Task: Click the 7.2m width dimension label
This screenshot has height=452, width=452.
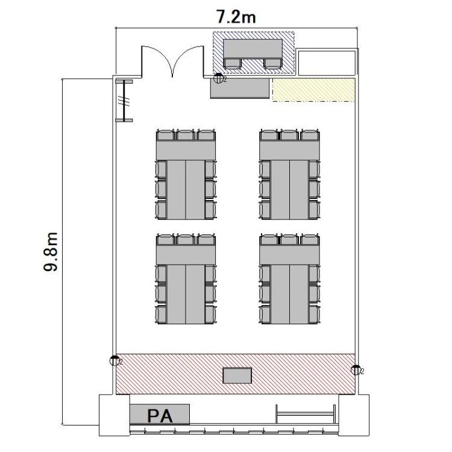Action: pos(236,17)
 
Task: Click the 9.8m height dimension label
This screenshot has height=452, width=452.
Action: pos(51,252)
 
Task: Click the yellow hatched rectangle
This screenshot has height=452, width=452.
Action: pos(313,90)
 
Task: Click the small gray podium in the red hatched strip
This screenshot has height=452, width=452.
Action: pos(237,375)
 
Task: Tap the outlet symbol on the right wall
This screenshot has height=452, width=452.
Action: pos(356,370)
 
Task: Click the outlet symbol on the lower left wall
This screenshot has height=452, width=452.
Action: pos(115,360)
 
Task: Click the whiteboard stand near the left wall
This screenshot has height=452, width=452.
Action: pos(124,101)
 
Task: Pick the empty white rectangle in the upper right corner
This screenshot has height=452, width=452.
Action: pos(327,63)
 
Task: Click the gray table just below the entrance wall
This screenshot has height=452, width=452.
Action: pos(239,88)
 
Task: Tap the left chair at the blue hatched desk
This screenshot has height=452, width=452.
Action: pos(233,63)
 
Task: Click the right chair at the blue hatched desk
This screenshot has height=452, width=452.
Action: pos(272,63)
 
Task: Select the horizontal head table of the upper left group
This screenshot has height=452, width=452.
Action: pos(186,150)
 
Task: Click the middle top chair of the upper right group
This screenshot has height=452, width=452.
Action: pos(289,135)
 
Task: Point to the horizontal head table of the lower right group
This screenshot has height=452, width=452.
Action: pos(289,254)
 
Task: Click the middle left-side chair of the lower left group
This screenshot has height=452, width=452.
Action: pos(161,293)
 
